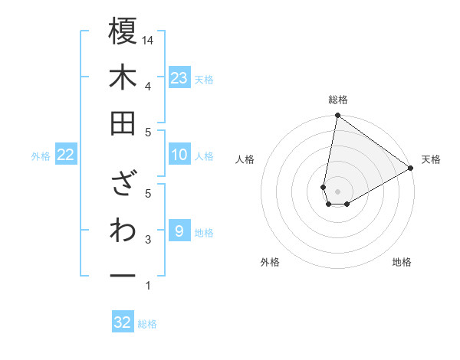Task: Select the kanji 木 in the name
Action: click(x=123, y=77)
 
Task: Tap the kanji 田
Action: click(x=123, y=124)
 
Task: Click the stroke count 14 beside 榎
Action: click(x=148, y=40)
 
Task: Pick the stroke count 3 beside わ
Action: click(x=148, y=240)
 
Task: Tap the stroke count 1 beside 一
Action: click(x=148, y=286)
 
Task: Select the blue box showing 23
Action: click(x=179, y=78)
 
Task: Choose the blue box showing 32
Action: click(x=123, y=322)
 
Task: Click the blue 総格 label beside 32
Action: click(x=147, y=324)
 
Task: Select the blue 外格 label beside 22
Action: click(x=41, y=156)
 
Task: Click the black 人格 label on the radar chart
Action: click(x=245, y=159)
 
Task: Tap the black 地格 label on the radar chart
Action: click(x=402, y=262)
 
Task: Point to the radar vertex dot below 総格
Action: click(x=337, y=116)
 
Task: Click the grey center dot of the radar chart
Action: click(x=337, y=189)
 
